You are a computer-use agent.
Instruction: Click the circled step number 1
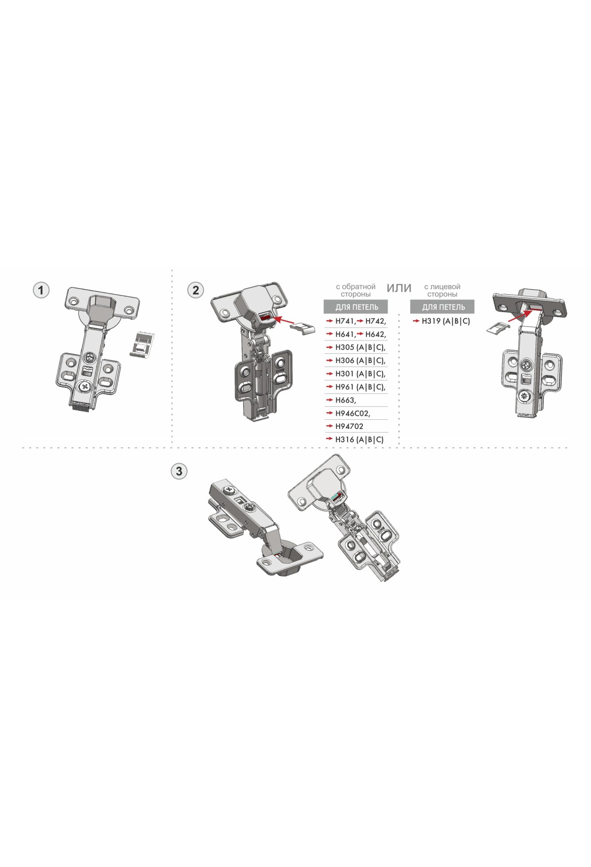(41, 290)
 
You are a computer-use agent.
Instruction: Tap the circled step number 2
(196, 290)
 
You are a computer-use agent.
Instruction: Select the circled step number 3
(179, 471)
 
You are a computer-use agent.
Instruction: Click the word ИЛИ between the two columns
(399, 288)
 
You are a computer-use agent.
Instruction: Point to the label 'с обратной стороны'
(356, 290)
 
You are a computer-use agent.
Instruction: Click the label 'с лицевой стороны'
(442, 290)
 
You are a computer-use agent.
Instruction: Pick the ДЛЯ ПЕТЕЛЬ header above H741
(356, 307)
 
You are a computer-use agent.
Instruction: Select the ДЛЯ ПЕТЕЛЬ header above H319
(443, 307)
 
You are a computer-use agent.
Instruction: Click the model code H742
(376, 321)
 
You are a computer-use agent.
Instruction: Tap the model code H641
(346, 334)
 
